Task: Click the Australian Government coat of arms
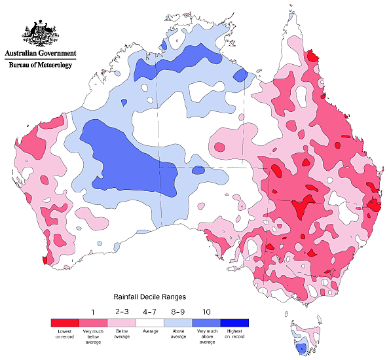(x=40, y=33)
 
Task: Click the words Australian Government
(x=41, y=53)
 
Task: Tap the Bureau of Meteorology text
(x=41, y=65)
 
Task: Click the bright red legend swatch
(x=65, y=323)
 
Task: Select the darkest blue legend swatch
(x=234, y=323)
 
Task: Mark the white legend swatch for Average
(x=150, y=323)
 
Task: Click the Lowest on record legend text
(x=65, y=334)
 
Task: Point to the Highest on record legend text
(x=234, y=334)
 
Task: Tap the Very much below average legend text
(x=94, y=336)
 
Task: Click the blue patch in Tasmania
(x=301, y=348)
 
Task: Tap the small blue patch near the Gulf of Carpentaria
(x=240, y=76)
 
